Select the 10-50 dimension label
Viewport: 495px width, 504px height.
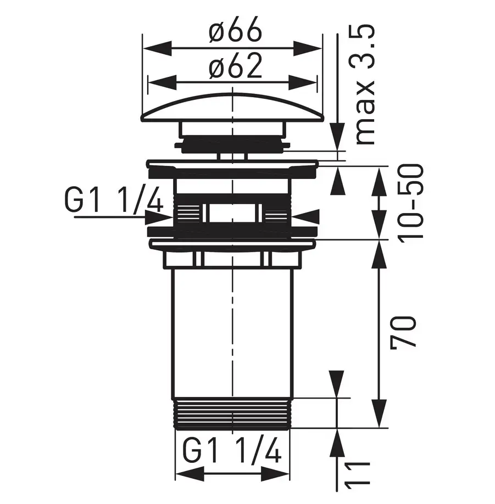(x=410, y=201)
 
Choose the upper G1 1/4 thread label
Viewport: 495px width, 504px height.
(x=114, y=200)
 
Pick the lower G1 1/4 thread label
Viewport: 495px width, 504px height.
(x=232, y=451)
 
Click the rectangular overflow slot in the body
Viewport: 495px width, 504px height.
(x=232, y=212)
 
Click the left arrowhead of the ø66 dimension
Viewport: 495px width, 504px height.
(x=157, y=48)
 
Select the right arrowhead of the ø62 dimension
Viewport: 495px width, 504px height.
(x=302, y=83)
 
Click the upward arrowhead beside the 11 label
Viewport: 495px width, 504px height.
(x=337, y=443)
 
